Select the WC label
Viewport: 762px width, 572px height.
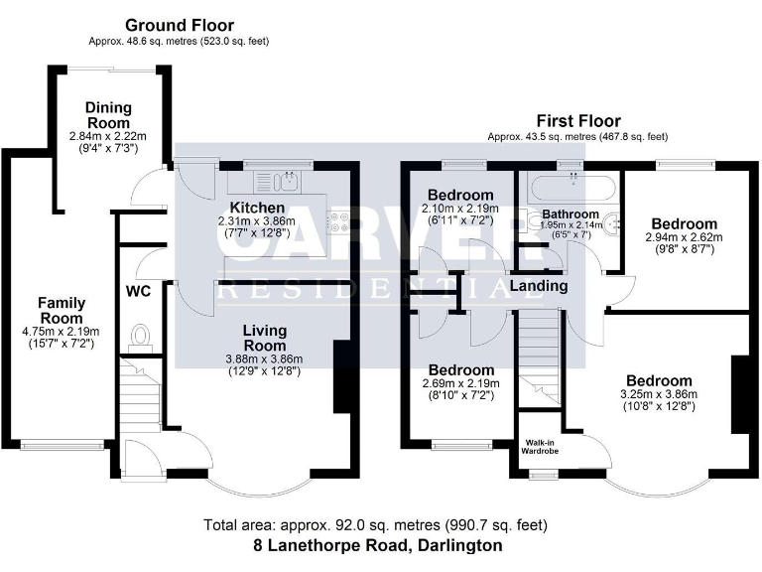tap(137, 292)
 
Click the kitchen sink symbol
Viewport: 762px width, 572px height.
tap(285, 181)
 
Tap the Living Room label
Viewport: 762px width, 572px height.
tap(264, 338)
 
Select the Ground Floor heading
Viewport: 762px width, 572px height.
tap(180, 25)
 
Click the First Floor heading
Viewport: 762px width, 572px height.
tap(578, 119)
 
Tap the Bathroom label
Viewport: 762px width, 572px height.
tap(571, 214)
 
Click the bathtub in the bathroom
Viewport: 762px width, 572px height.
tap(571, 186)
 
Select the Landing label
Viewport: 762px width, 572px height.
tap(538, 286)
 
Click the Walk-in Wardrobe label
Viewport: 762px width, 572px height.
tap(543, 446)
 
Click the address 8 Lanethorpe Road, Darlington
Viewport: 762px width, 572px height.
tap(376, 545)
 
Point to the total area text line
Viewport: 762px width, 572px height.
tap(376, 525)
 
